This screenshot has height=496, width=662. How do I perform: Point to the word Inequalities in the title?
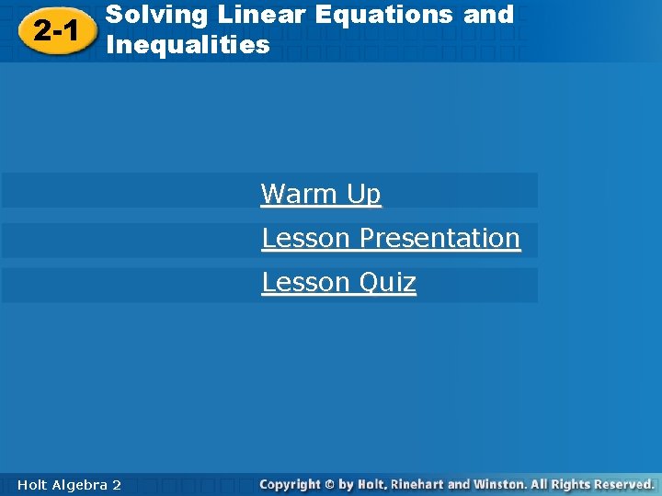188,44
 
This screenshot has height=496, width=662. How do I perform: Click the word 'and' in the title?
489,15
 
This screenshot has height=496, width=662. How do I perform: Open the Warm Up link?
321,194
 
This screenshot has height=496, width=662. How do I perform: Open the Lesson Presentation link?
391,238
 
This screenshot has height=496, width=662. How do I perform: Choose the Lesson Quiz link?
338,282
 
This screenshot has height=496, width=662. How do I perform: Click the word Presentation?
439,238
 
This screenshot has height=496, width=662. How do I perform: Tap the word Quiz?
387,282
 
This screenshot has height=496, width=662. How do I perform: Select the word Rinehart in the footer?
413,484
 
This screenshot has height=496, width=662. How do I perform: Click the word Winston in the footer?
494,484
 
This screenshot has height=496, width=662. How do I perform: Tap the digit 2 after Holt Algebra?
116,484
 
